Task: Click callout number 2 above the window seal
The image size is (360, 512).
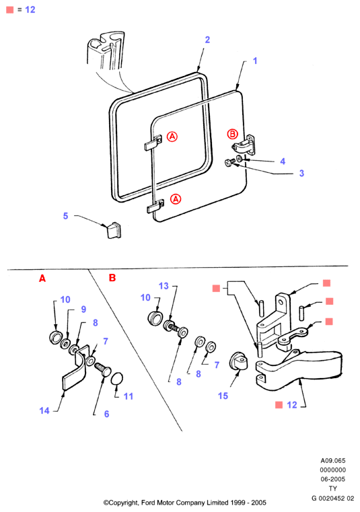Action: pyautogui.click(x=207, y=40)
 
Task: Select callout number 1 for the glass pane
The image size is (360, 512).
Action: pyautogui.click(x=255, y=61)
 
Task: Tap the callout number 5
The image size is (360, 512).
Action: pyautogui.click(x=66, y=216)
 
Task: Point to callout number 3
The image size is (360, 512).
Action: pyautogui.click(x=301, y=173)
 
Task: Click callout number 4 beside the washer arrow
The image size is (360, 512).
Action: pyautogui.click(x=283, y=161)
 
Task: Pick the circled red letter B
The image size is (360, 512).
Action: pyautogui.click(x=233, y=134)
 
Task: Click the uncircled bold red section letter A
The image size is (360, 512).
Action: pyautogui.click(x=42, y=279)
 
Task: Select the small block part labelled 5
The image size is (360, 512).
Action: pyautogui.click(x=112, y=230)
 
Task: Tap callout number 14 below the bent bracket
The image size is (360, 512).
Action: pyautogui.click(x=44, y=410)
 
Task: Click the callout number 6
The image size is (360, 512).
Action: pyautogui.click(x=106, y=414)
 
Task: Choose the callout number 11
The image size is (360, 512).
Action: pyautogui.click(x=129, y=396)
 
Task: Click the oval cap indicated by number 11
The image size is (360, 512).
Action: pyautogui.click(x=117, y=379)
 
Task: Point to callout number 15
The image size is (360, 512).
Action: pyautogui.click(x=223, y=396)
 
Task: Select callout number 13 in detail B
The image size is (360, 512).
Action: pyautogui.click(x=164, y=286)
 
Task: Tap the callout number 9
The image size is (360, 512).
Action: pyautogui.click(x=83, y=309)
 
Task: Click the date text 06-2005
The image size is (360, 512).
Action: pyautogui.click(x=333, y=479)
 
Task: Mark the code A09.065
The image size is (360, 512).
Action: pyautogui.click(x=333, y=460)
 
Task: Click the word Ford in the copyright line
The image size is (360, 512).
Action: pyautogui.click(x=147, y=503)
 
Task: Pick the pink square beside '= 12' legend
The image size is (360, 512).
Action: pyautogui.click(x=10, y=10)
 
